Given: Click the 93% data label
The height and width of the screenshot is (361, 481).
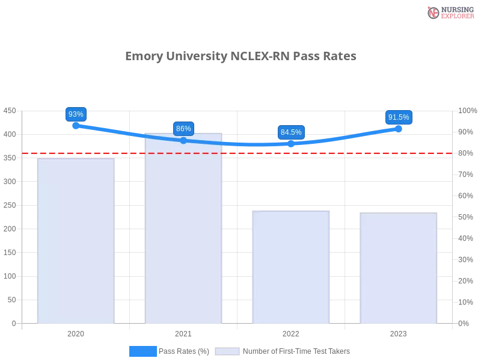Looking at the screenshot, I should click(76, 114).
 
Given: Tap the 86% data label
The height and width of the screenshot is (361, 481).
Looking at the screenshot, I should click(183, 129).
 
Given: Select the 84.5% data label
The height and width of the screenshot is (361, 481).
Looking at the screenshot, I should click(291, 132).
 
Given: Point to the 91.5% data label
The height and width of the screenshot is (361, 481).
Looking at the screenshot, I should click(399, 117).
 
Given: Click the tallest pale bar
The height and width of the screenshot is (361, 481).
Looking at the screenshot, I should click(185, 229).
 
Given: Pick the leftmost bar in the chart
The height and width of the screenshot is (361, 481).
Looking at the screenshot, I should click(75, 241).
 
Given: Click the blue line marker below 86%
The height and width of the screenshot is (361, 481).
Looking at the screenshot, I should click(183, 140).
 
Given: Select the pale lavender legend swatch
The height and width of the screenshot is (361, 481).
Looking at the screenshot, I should click(227, 351).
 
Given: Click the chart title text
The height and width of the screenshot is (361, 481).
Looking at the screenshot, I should click(242, 57).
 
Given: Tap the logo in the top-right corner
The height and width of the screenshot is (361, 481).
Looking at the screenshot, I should click(449, 12).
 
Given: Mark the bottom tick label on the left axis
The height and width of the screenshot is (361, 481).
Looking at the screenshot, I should click(14, 323).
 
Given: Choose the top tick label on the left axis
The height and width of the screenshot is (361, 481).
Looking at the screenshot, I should click(10, 111).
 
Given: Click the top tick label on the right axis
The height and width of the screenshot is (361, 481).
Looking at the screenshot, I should click(467, 111).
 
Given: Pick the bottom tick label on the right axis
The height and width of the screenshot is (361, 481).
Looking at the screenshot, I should click(464, 323).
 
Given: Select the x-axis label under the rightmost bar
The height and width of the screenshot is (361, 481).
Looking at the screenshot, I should click(398, 332).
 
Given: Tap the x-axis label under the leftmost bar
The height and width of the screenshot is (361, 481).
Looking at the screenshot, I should click(76, 332).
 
